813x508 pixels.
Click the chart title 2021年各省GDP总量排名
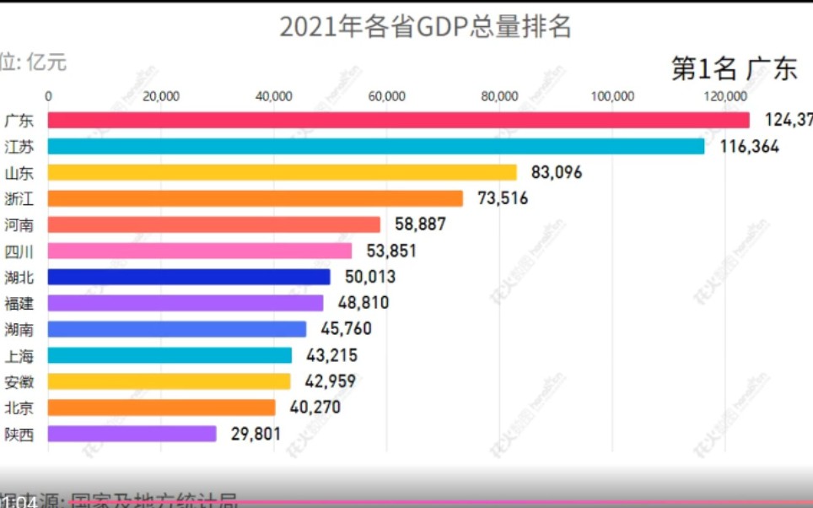click(x=425, y=27)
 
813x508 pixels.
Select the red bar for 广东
click(x=398, y=120)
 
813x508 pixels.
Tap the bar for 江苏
click(x=375, y=146)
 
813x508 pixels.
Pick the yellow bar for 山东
click(x=282, y=172)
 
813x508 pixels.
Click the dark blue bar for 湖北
click(x=189, y=277)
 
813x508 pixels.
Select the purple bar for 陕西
click(x=132, y=434)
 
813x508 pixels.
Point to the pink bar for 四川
click(x=199, y=251)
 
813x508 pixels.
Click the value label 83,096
click(x=557, y=173)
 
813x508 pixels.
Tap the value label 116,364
click(x=749, y=147)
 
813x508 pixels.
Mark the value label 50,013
click(x=369, y=277)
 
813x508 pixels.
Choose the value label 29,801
click(x=256, y=435)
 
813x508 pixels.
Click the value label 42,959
click(x=330, y=381)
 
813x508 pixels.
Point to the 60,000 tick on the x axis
click(x=387, y=96)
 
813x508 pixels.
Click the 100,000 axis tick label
click(x=612, y=96)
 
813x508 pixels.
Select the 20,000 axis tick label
click(x=161, y=96)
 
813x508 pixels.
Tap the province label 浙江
click(x=19, y=198)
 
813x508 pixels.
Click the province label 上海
click(x=19, y=355)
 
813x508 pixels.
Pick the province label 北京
click(x=19, y=408)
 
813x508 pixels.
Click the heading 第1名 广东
click(x=734, y=68)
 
